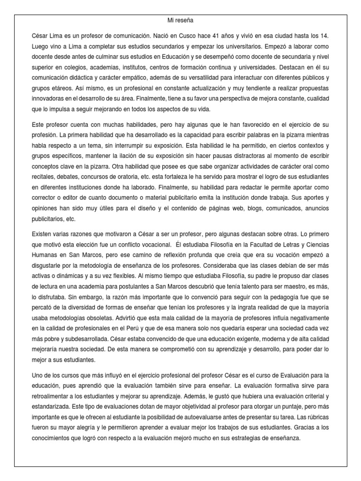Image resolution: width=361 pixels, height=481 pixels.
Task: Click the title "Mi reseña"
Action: [180, 20]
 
